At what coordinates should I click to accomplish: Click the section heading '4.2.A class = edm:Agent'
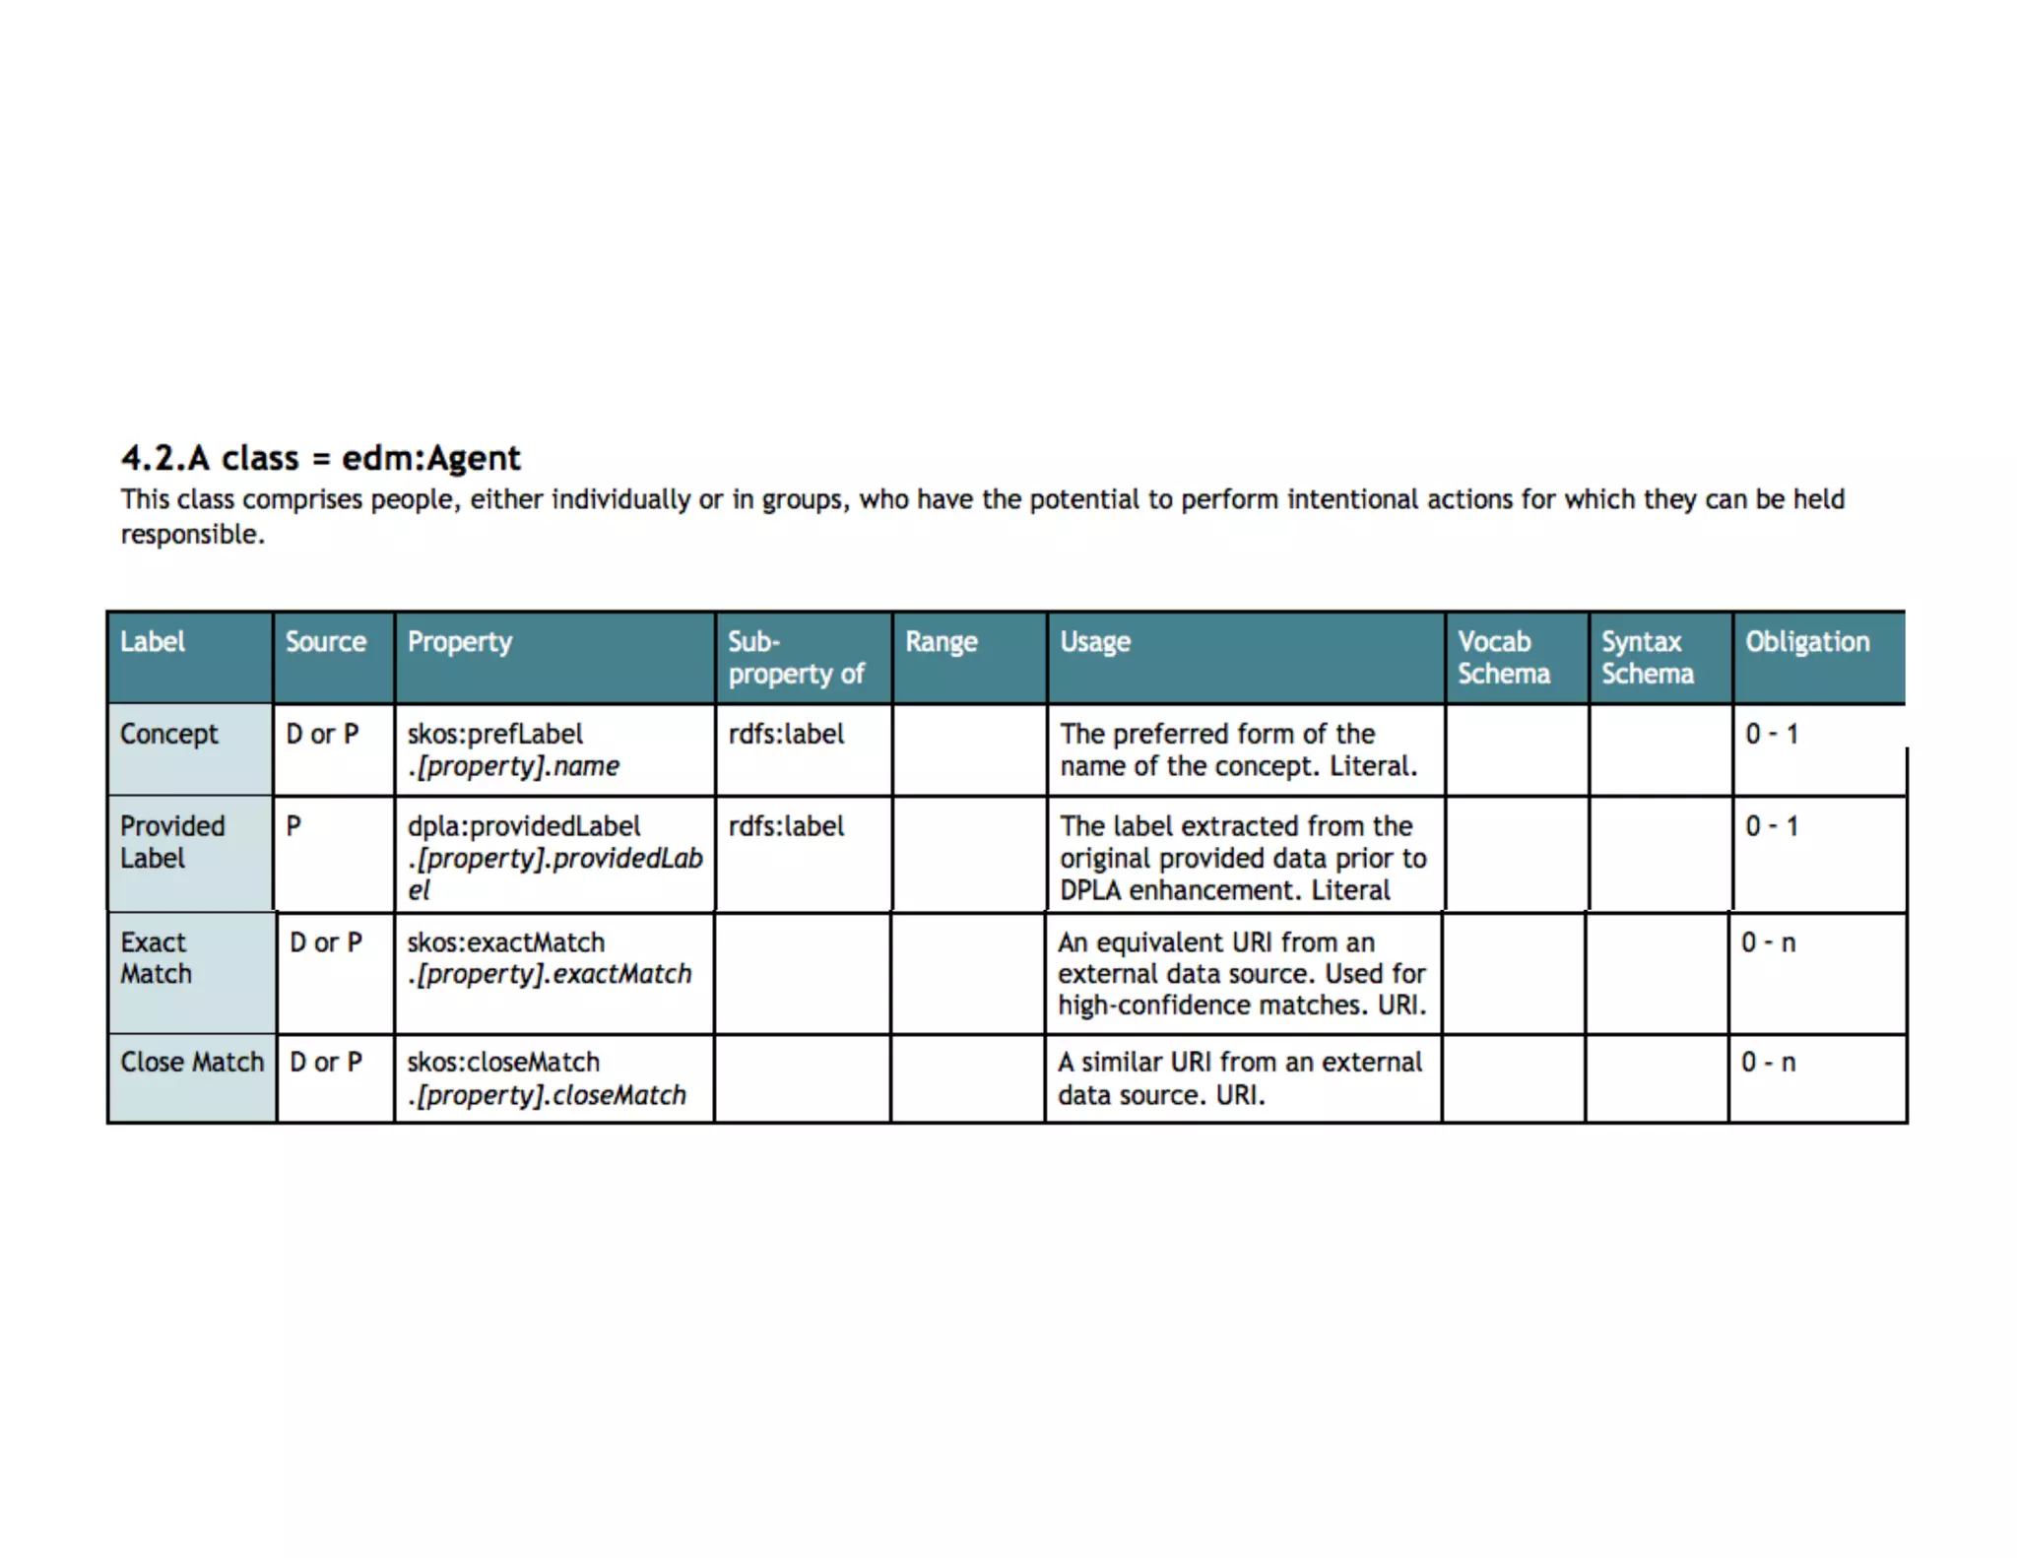(320, 458)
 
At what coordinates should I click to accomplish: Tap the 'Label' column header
(153, 642)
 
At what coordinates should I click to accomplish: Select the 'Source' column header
(326, 642)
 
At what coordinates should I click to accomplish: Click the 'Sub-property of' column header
(796, 658)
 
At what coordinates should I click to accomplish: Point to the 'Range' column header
(942, 642)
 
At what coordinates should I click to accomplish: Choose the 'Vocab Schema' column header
(1504, 658)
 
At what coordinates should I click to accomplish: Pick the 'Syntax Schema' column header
(1648, 658)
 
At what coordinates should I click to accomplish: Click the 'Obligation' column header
(1807, 642)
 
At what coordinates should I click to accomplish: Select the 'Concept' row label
(169, 734)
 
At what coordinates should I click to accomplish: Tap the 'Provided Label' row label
(172, 842)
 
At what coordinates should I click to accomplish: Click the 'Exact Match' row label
(156, 958)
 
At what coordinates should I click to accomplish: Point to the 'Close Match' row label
(192, 1062)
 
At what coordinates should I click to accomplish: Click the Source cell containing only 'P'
(293, 826)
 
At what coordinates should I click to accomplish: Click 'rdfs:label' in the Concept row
(786, 734)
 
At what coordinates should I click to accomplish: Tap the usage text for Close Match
(1240, 1078)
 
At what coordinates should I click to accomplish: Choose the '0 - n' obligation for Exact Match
(1768, 942)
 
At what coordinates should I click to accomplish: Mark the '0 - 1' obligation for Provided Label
(1772, 826)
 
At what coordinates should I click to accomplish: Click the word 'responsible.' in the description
(193, 535)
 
